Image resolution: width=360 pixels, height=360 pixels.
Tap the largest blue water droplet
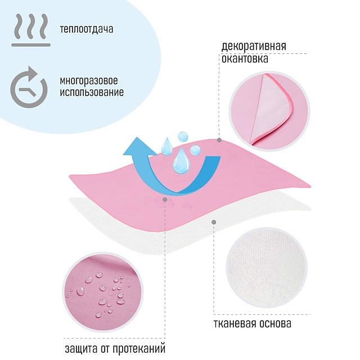[x=181, y=162]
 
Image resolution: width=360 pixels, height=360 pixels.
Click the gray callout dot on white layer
[x=214, y=222]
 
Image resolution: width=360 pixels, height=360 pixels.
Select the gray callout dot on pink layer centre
[x=164, y=199]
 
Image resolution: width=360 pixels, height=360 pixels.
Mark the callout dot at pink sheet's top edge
[x=219, y=139]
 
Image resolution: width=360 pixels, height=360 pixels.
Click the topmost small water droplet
[x=183, y=136]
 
